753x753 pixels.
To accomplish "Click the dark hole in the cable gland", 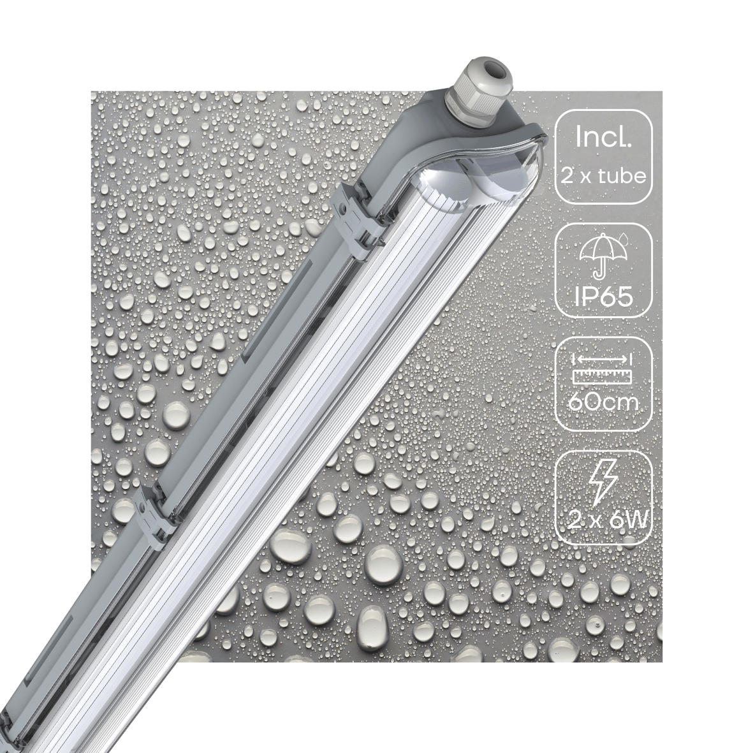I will pos(492,65).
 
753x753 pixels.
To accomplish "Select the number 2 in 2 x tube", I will pos(566,175).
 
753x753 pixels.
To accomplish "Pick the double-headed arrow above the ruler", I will pos(603,359).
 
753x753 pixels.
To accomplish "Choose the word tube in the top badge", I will pos(623,175).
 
